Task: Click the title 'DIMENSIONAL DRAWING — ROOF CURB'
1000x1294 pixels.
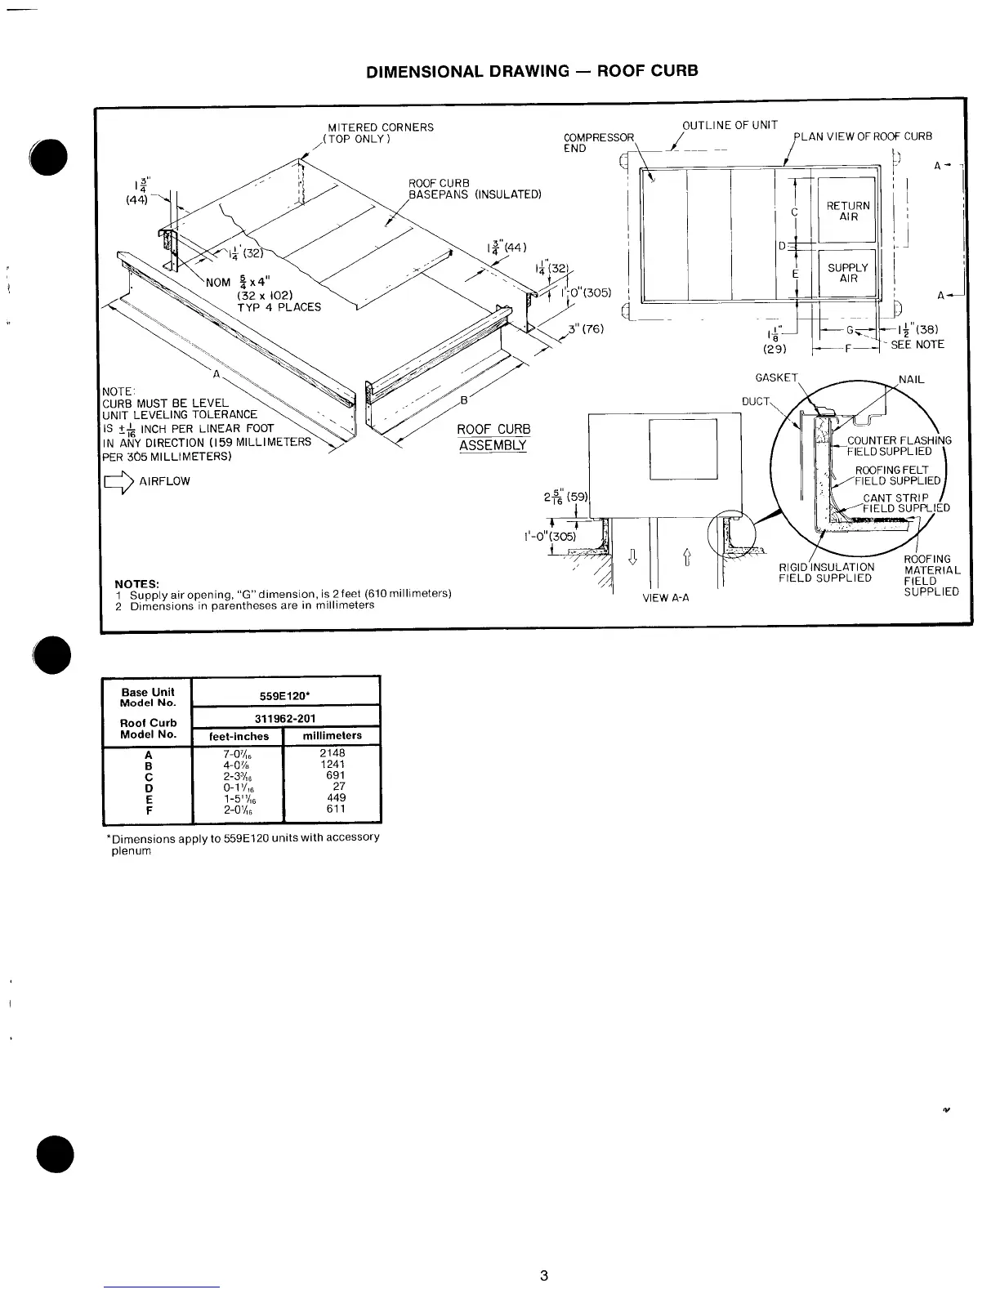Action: pyautogui.click(x=532, y=70)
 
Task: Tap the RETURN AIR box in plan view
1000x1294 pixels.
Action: pyautogui.click(x=848, y=211)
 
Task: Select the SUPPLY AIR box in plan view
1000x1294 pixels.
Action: pyautogui.click(x=848, y=273)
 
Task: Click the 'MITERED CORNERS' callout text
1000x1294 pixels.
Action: pyautogui.click(x=380, y=127)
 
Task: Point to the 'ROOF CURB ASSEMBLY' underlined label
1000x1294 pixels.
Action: pyautogui.click(x=493, y=437)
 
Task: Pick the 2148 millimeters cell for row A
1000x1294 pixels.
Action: pyautogui.click(x=333, y=753)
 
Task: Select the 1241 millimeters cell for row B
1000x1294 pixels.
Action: pyautogui.click(x=333, y=765)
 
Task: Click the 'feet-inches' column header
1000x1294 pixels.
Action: pyautogui.click(x=239, y=736)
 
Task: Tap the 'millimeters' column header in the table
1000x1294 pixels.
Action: pyautogui.click(x=332, y=736)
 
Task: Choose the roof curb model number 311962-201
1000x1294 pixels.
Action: pyautogui.click(x=285, y=718)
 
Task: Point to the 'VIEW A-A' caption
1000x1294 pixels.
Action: pyautogui.click(x=666, y=598)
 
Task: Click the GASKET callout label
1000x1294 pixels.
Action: pyautogui.click(x=775, y=377)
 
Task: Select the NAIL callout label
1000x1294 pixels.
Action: pyautogui.click(x=912, y=380)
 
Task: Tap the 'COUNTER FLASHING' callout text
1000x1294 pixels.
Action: pyautogui.click(x=899, y=440)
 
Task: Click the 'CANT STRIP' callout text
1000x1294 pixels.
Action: pyautogui.click(x=895, y=498)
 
